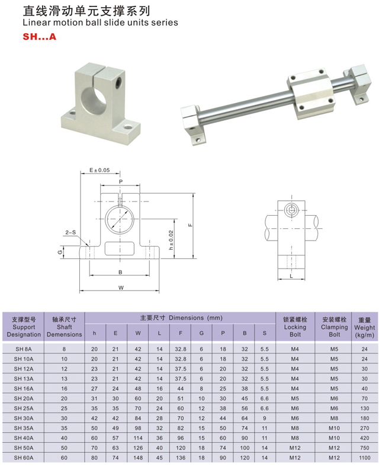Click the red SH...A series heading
click(x=40, y=37)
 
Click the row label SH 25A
click(x=24, y=408)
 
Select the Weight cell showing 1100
click(x=364, y=458)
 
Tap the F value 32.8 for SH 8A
click(x=181, y=349)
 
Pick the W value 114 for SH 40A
click(x=138, y=437)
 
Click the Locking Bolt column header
click(x=295, y=327)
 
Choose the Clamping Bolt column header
click(x=334, y=327)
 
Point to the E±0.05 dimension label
click(x=99, y=170)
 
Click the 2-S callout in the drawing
click(x=70, y=232)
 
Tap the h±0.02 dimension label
click(x=171, y=240)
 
